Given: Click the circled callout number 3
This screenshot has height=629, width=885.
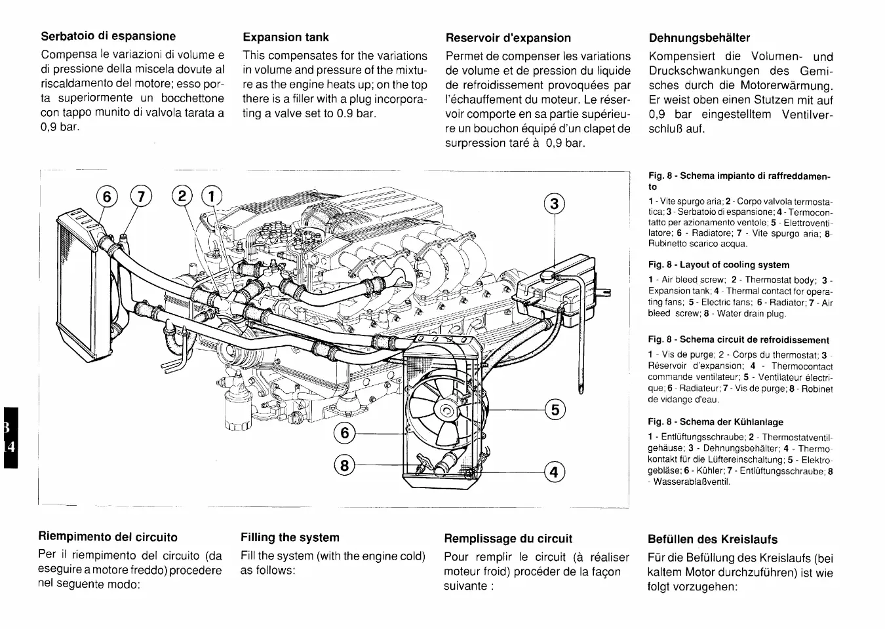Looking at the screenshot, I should coord(555,204).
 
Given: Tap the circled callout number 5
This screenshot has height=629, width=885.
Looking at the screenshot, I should coord(555,411).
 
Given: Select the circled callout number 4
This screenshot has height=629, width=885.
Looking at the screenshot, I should coord(555,471).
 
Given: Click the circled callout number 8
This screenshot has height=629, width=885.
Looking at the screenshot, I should coord(344,465).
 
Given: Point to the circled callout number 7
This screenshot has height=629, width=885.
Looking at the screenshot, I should coord(140,196).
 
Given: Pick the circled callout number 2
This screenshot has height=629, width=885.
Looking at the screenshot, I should coord(182,196).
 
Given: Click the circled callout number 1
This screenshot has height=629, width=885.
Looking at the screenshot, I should coord(212,196).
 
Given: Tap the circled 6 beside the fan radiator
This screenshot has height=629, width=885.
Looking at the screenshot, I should coord(344,433).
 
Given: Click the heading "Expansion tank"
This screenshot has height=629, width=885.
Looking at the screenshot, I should coord(286,37).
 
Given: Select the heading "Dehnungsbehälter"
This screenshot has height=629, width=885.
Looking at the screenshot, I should coord(699,38).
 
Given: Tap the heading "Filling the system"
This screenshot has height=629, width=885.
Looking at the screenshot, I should coord(290,537).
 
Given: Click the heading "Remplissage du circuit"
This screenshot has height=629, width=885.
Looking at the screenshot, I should coord(508,539).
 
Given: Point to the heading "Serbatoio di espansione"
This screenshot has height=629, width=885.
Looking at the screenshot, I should coord(108,36).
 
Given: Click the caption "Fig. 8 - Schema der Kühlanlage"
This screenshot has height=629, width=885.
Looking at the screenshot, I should coord(715,422).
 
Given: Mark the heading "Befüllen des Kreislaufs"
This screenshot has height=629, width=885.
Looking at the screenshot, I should coord(713,539).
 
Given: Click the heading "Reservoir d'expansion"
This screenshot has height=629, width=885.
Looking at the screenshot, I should coord(508,38).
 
